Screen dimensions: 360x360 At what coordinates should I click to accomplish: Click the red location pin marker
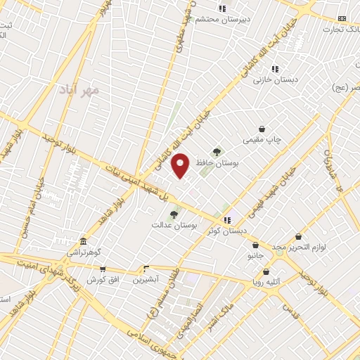pyautogui.click(x=181, y=166)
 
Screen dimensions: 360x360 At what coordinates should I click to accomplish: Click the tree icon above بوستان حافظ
pyautogui.click(x=217, y=150)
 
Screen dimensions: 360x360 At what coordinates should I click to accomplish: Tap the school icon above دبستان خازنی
pyautogui.click(x=276, y=69)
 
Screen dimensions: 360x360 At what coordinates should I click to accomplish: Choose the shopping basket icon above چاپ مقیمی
pyautogui.click(x=262, y=129)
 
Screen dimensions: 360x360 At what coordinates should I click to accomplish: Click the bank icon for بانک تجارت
pyautogui.click(x=342, y=18)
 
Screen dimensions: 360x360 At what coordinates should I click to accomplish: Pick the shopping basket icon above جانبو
pyautogui.click(x=255, y=245)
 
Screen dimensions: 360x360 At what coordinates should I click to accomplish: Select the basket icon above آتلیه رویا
pyautogui.click(x=266, y=272)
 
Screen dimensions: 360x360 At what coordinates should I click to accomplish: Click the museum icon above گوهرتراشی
pyautogui.click(x=83, y=241)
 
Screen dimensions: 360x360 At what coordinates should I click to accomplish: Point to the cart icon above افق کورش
pyautogui.click(x=103, y=269)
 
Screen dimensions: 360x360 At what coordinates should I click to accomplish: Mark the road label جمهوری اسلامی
pyautogui.click(x=162, y=337)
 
